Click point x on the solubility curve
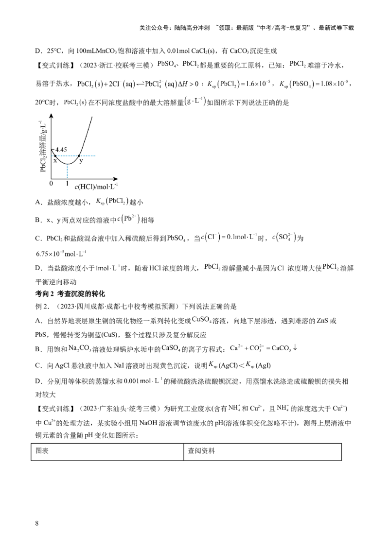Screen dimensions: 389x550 click(55, 155)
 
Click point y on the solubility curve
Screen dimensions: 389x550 click(79, 155)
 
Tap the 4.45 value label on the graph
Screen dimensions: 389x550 click(61, 150)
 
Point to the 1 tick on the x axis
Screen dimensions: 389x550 click(67, 183)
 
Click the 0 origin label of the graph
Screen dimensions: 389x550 click(51, 183)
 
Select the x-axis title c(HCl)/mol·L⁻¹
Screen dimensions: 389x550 click(96, 186)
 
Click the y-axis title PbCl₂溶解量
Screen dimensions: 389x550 click(43, 146)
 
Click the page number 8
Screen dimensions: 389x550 click(37, 523)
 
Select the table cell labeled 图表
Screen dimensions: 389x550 click(107, 451)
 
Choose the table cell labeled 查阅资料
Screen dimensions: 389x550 click(263, 451)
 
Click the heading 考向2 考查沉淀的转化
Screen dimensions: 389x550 click(70, 293)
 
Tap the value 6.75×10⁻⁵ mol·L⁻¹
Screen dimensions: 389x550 click(61, 253)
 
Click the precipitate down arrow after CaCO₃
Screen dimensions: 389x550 click(295, 347)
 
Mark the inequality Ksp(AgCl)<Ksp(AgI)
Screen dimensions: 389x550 click(240, 365)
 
